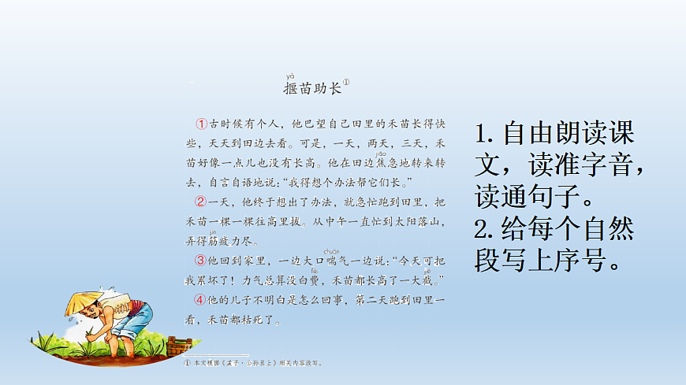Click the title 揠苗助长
pyautogui.click(x=312, y=88)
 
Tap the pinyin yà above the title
pyautogui.click(x=289, y=76)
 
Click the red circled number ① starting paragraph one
pyautogui.click(x=202, y=124)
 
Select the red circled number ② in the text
pyautogui.click(x=202, y=203)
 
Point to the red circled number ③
pyautogui.click(x=202, y=261)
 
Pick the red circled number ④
pyautogui.click(x=202, y=300)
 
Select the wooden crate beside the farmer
pyautogui.click(x=180, y=346)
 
